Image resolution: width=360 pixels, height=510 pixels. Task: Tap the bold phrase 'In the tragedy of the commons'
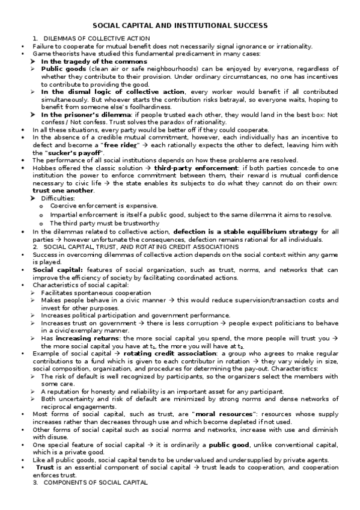click(x=85, y=61)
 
